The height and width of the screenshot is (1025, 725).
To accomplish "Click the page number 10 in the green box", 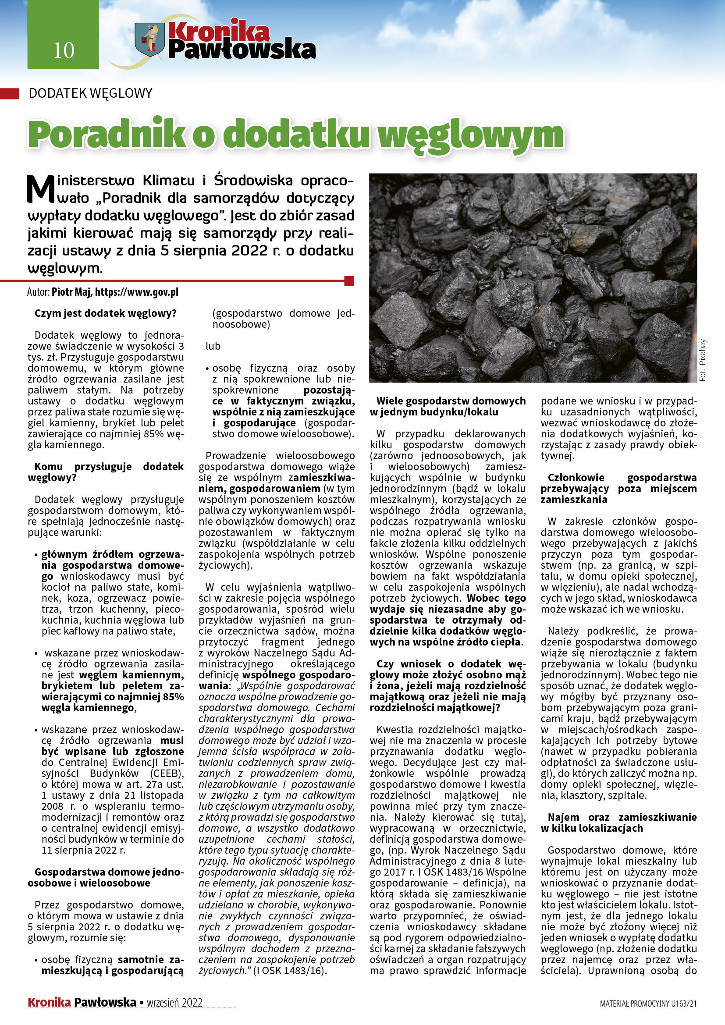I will click(x=64, y=50).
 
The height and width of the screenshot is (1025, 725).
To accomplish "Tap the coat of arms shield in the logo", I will click(x=149, y=39).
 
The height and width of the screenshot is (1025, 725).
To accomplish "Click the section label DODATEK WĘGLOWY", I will click(x=90, y=93).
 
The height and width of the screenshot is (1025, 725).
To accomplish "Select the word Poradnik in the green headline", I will click(x=107, y=135).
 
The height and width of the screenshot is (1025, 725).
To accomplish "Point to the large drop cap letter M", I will click(x=41, y=189).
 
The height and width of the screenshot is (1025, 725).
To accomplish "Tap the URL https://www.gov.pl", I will click(x=137, y=292).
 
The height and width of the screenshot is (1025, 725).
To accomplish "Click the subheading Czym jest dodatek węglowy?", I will click(x=105, y=313).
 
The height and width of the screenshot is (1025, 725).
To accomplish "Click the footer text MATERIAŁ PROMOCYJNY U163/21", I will click(x=648, y=1004).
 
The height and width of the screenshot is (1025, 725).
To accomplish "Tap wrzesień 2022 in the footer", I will click(x=174, y=1003).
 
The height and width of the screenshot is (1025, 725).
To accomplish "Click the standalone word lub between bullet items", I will click(x=213, y=346).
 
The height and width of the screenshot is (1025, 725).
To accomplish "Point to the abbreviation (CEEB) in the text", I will click(x=167, y=773).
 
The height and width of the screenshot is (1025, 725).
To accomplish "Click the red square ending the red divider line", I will click(x=349, y=281).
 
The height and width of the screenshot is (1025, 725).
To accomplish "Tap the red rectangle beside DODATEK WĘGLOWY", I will click(x=9, y=93).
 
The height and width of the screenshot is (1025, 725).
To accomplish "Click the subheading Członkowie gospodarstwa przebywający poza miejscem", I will click(x=618, y=488).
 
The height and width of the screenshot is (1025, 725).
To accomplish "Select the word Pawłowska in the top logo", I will click(x=242, y=50).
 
